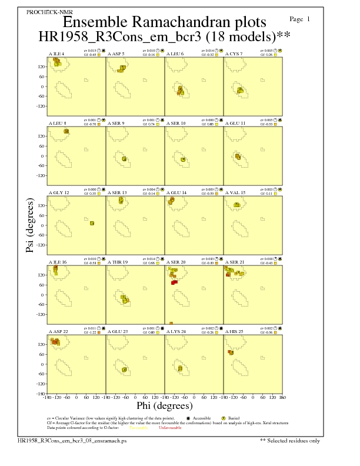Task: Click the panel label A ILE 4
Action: tap(56, 54)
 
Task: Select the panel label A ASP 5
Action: tap(116, 54)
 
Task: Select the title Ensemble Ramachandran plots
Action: tap(164, 22)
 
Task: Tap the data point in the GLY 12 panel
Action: tap(92, 223)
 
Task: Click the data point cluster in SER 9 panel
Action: tap(124, 159)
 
